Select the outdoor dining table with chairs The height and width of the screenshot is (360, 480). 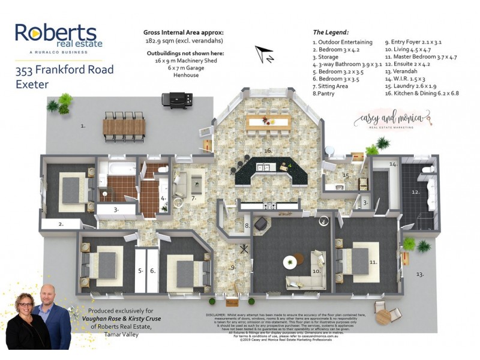coord(124,127)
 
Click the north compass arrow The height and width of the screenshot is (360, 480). coord(264,55)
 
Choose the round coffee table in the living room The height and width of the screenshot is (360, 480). coord(290,262)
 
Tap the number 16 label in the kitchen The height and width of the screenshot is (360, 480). coord(268,151)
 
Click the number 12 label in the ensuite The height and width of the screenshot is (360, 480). coord(415,192)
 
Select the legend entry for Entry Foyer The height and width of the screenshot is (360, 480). coord(413,43)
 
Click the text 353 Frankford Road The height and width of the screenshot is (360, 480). coord(64,70)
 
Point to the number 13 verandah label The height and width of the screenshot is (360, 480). coord(420,274)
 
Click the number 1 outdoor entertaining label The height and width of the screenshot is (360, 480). coord(83,126)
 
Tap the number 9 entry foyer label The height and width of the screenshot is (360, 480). coord(233,267)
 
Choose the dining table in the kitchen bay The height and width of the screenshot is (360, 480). coord(268,122)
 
